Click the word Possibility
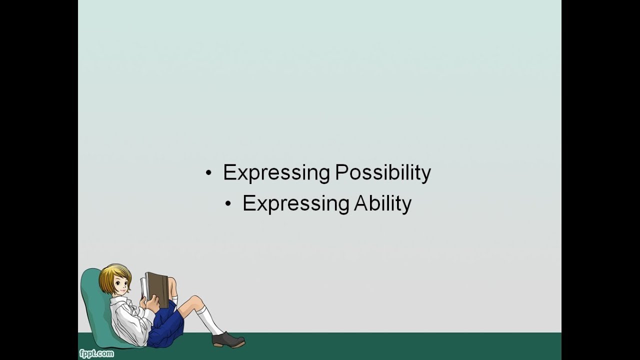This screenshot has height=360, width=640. [382, 173]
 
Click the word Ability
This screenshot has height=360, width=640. [382, 204]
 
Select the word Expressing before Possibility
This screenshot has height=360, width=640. [276, 173]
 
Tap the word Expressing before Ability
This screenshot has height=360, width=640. [295, 204]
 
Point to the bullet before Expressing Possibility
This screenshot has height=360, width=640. [208, 173]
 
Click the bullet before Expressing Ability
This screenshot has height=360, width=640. [228, 204]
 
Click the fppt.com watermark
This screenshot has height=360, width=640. [96, 354]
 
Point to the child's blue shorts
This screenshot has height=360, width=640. [167, 325]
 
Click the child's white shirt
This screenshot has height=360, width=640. [127, 320]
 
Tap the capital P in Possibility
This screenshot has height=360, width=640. [340, 173]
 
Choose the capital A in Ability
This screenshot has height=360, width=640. [361, 204]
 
